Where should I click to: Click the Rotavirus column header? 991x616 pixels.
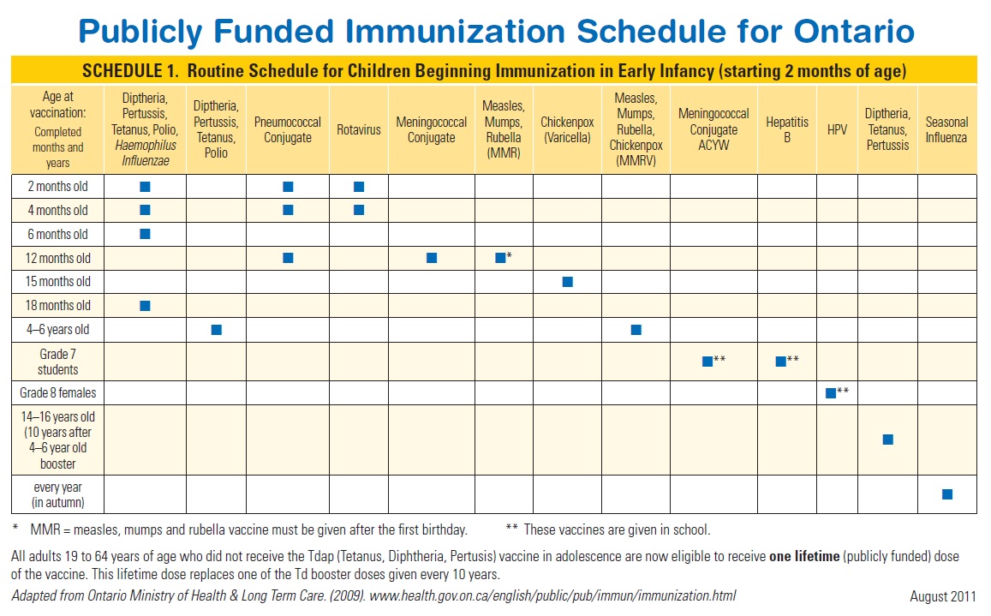pyautogui.click(x=359, y=129)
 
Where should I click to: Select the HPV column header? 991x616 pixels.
pyautogui.click(x=837, y=129)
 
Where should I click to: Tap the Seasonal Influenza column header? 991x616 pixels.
pyautogui.click(x=946, y=129)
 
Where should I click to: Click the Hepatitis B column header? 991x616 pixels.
pyautogui.click(x=787, y=129)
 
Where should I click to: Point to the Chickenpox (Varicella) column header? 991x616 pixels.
pyautogui.click(x=567, y=129)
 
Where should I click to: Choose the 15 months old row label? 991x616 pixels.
pyautogui.click(x=58, y=282)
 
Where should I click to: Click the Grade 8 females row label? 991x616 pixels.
pyautogui.click(x=58, y=393)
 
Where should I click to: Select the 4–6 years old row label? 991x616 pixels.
pyautogui.click(x=58, y=330)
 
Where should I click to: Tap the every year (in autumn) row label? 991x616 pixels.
pyautogui.click(x=58, y=495)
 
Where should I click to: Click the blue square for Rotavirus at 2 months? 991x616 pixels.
pyautogui.click(x=359, y=187)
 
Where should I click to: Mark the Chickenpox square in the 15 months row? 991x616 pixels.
pyautogui.click(x=567, y=282)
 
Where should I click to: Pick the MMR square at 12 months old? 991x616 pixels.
pyautogui.click(x=500, y=258)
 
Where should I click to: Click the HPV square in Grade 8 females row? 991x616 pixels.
pyautogui.click(x=830, y=393)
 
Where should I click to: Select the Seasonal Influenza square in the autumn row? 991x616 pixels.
pyautogui.click(x=946, y=494)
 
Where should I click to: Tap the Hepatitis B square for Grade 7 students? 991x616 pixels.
pyautogui.click(x=780, y=362)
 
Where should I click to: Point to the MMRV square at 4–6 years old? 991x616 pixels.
pyautogui.click(x=636, y=330)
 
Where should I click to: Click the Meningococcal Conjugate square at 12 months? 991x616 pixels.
pyautogui.click(x=432, y=258)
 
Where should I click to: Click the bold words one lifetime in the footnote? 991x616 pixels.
pyautogui.click(x=804, y=557)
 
